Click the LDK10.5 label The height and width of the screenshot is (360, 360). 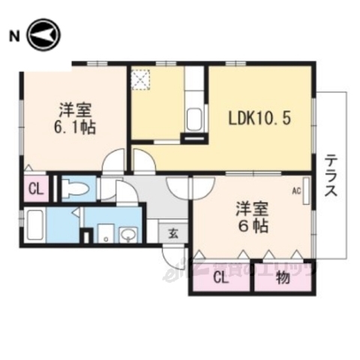[x=258, y=118]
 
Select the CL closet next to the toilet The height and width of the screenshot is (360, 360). [x=35, y=188]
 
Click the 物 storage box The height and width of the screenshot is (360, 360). [x=283, y=280]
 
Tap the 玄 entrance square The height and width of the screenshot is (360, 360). [x=172, y=232]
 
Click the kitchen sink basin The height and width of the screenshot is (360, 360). [x=194, y=118]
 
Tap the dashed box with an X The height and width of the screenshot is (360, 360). [x=142, y=78]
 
